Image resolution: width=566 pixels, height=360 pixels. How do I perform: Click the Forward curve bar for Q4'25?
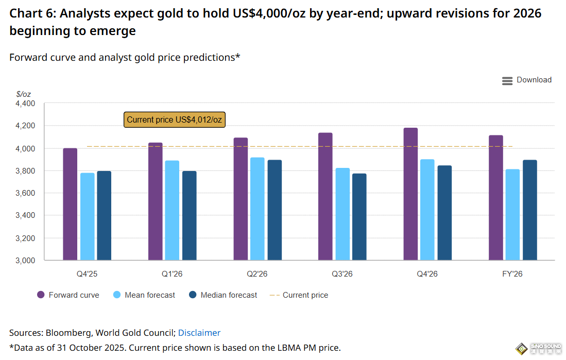click(x=70, y=204)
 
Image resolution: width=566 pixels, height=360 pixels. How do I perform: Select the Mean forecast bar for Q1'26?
click(x=172, y=210)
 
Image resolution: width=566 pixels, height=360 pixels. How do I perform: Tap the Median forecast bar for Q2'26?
click(x=275, y=210)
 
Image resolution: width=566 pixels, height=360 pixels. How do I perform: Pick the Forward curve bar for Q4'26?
click(x=410, y=194)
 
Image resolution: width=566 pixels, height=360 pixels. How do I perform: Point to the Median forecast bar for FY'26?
click(x=530, y=210)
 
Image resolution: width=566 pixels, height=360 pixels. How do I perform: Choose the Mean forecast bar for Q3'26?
click(x=342, y=214)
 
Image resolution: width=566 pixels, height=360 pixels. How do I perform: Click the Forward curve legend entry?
click(x=68, y=295)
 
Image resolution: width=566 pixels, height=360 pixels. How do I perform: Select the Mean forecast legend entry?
click(x=144, y=295)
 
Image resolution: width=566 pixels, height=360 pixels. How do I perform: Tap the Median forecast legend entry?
click(x=223, y=295)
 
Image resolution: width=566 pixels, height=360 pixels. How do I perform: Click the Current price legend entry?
click(x=299, y=295)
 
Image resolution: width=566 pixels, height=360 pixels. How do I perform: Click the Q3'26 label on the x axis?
click(x=342, y=274)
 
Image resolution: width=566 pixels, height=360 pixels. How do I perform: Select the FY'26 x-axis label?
click(x=512, y=274)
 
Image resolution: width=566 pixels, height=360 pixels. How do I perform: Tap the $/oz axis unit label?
click(x=24, y=94)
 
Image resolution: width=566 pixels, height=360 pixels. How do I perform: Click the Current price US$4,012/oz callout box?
click(x=175, y=119)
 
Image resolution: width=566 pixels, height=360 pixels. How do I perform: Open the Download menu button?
click(x=527, y=80)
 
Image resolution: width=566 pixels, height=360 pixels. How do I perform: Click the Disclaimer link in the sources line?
click(x=199, y=333)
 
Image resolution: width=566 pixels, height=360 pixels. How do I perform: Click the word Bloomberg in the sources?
click(x=66, y=333)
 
